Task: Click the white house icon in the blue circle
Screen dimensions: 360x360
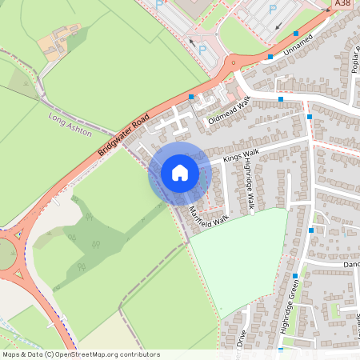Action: coord(179,173)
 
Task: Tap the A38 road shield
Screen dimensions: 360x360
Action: coord(343,4)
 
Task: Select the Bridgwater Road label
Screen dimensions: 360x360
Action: coord(123,134)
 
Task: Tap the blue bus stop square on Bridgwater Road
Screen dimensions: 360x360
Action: coord(190,97)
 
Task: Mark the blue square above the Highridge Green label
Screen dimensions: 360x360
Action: coord(295,276)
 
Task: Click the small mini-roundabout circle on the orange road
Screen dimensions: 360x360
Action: coord(233,63)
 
